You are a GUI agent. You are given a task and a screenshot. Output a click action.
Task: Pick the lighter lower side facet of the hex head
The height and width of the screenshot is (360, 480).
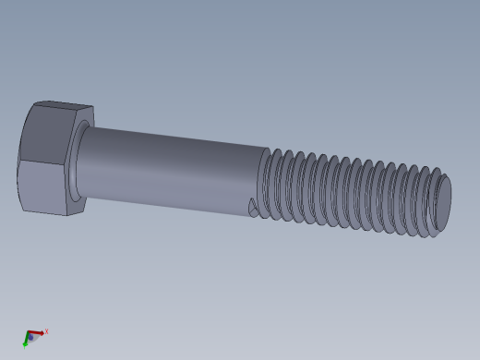[42, 188]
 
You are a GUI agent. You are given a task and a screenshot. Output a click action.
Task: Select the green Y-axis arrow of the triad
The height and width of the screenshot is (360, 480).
[26, 342]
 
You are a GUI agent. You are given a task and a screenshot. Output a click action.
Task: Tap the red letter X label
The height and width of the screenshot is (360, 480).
[46, 330]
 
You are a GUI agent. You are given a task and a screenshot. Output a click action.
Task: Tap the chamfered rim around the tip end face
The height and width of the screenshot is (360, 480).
[438, 222]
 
